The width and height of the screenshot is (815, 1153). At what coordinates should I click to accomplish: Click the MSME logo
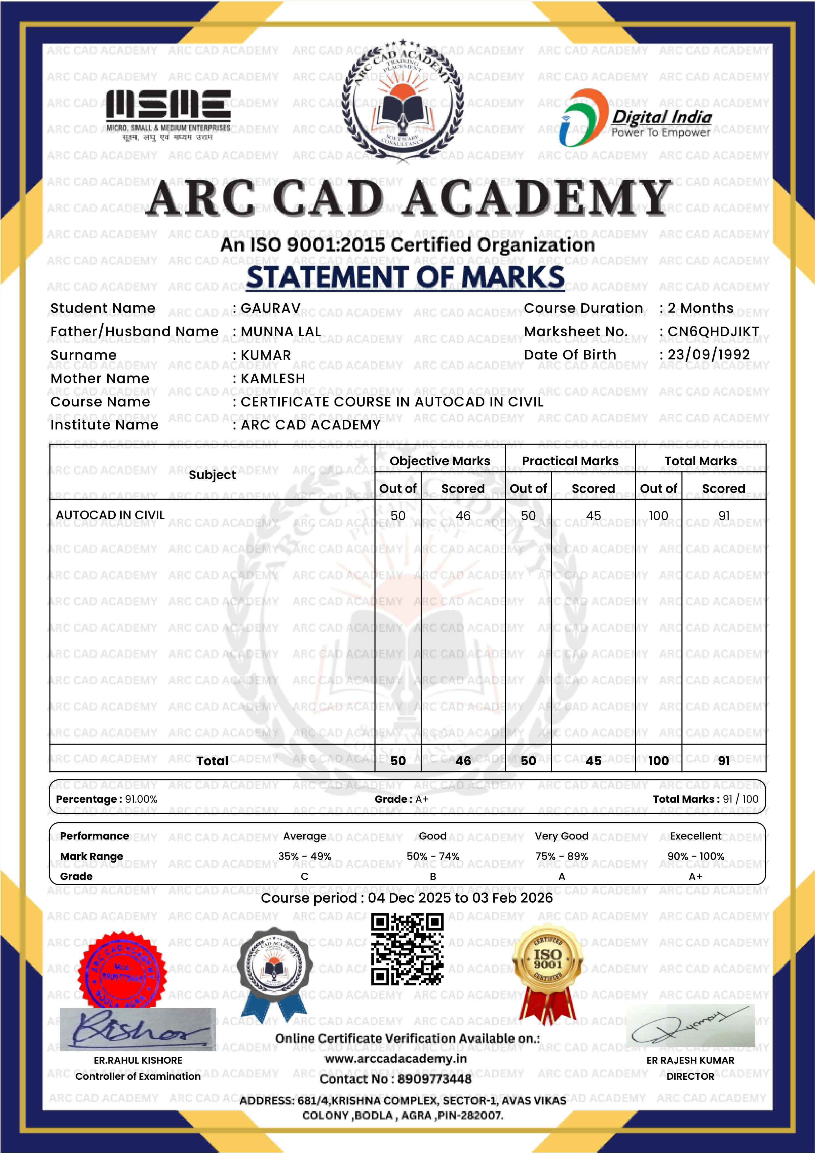click(x=168, y=114)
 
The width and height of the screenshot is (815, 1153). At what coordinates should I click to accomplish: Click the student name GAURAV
click(x=271, y=308)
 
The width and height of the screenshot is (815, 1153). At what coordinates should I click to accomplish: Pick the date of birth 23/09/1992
click(x=708, y=355)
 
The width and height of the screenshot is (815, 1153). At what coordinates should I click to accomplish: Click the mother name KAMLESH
click(x=273, y=378)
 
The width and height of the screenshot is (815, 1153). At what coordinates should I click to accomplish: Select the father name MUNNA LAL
click(x=281, y=332)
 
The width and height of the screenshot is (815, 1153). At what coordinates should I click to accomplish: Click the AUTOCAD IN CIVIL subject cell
click(x=110, y=515)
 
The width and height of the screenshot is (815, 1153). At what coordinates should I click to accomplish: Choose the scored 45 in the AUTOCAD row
click(x=593, y=516)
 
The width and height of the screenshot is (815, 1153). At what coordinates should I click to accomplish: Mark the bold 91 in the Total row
click(x=724, y=761)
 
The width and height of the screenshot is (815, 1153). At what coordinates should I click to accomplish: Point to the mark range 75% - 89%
click(x=561, y=856)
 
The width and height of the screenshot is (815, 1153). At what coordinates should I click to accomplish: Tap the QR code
click(x=407, y=950)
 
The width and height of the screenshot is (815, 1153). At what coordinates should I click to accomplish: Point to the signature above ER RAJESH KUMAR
click(x=690, y=1026)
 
